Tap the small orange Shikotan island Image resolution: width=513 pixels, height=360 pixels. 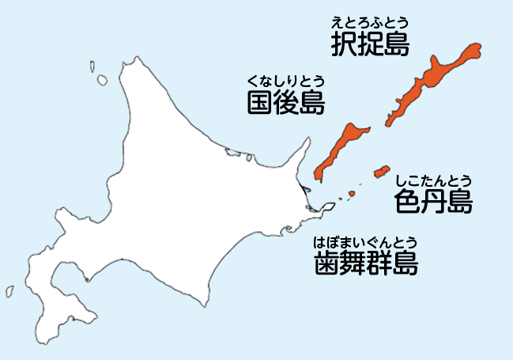click(x=382, y=171)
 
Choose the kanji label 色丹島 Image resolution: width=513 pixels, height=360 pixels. click(x=433, y=201)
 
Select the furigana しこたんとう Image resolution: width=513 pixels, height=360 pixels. click(x=433, y=180)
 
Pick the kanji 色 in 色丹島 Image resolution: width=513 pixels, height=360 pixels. click(x=407, y=201)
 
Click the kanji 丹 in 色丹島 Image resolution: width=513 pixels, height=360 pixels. click(x=433, y=201)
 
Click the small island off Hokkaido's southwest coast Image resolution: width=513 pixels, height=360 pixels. click(x=9, y=290)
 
